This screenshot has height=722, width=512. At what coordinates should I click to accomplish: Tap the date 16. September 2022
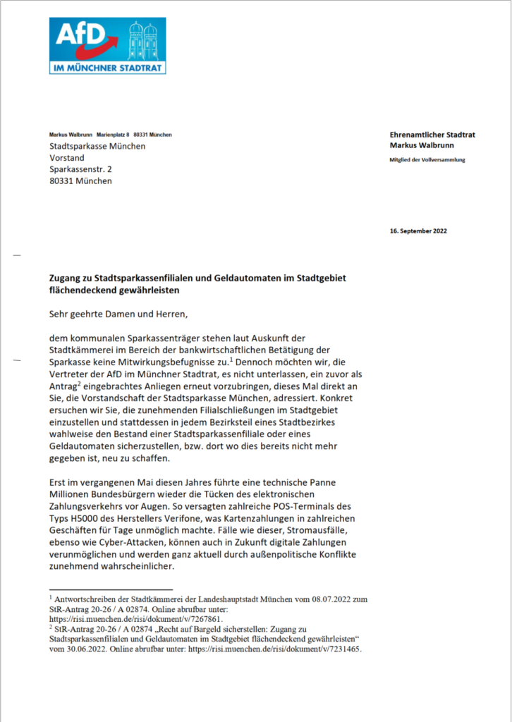coord(418,231)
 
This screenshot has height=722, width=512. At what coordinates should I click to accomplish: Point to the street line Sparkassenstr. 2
coord(80,169)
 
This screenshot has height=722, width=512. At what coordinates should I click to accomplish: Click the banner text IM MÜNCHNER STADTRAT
coord(107,68)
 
